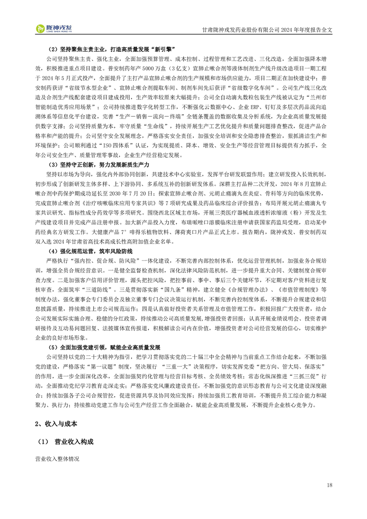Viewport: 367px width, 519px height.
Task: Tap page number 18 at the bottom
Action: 329,485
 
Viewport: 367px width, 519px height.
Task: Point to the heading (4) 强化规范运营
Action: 90,251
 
